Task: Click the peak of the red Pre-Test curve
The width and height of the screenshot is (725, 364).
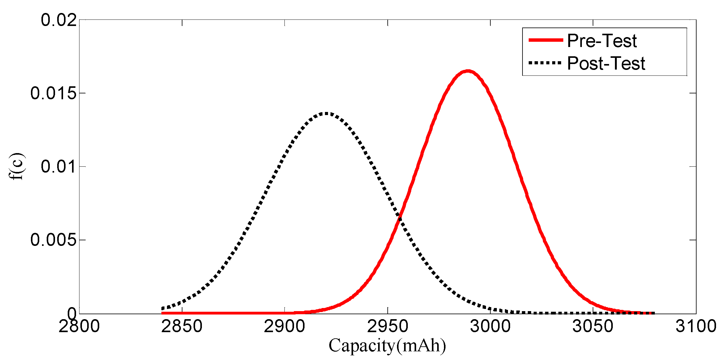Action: coord(468,71)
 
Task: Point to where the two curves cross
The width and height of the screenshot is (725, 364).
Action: coord(400,217)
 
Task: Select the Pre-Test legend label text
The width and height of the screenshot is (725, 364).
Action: coord(602,41)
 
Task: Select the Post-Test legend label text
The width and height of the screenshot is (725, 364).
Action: coord(606,63)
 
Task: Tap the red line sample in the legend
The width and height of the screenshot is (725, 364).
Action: coord(546,40)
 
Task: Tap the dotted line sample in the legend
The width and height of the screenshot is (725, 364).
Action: coord(546,63)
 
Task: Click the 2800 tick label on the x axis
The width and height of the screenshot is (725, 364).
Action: coord(79,326)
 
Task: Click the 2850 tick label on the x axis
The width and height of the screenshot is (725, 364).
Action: coord(182,326)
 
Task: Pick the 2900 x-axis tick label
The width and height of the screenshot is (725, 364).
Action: coord(284,326)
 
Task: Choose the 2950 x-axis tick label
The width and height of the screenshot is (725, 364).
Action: coord(387,326)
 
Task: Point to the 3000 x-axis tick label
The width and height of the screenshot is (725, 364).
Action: coord(490,326)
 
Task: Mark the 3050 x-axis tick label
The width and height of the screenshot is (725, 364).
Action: coord(593,326)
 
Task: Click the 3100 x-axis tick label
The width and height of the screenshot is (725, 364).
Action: coord(696,326)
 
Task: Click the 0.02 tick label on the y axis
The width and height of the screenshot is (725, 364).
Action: coord(59,20)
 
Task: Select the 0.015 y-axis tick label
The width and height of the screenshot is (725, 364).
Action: coord(53,93)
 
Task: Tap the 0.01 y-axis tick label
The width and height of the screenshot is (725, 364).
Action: coord(59,166)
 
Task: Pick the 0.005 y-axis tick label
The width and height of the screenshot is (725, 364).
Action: coord(53,240)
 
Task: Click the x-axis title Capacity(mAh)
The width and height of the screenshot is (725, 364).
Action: coord(387,345)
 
